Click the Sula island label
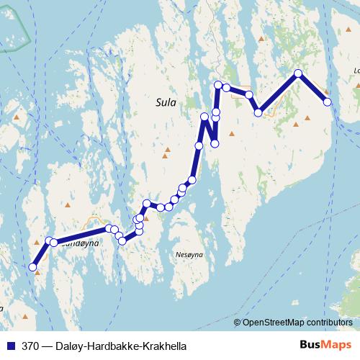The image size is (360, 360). [x=166, y=103]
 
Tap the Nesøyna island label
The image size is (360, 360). [x=190, y=256]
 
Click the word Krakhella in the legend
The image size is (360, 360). [x=164, y=346]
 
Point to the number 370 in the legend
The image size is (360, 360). [x=31, y=346]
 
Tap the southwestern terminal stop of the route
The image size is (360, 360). [x=32, y=268]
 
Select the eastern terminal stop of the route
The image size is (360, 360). [x=328, y=102]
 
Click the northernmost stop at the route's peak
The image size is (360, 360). [x=298, y=73]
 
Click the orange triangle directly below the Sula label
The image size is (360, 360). [x=167, y=150]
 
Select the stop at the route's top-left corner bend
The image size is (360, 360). [x=218, y=86]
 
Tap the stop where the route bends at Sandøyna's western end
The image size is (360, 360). [x=50, y=241]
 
